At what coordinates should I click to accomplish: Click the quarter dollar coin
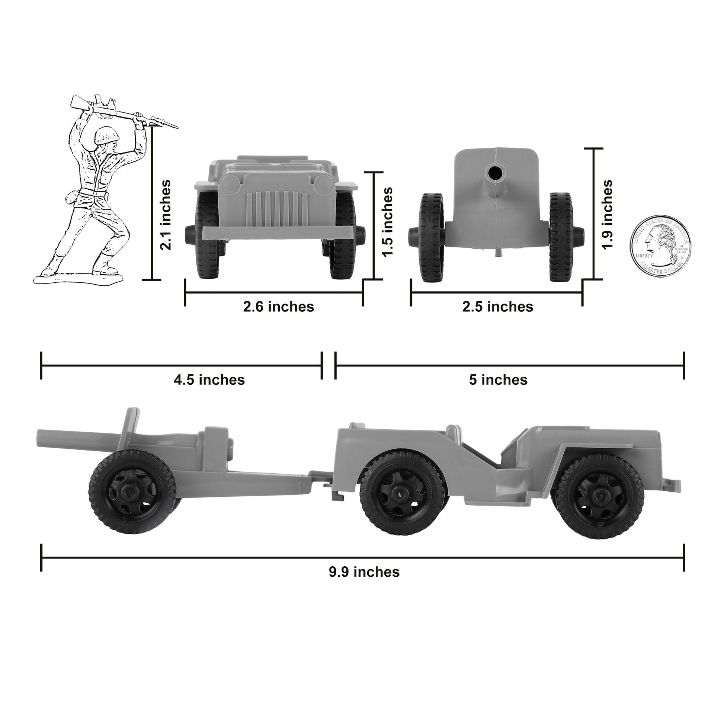(x=660, y=246)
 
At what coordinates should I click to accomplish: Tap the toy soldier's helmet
(x=106, y=135)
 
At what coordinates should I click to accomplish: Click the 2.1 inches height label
(x=165, y=215)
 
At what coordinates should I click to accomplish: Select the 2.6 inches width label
(x=278, y=307)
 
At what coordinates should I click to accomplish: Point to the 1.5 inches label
(x=387, y=222)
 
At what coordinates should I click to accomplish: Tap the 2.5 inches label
(x=497, y=307)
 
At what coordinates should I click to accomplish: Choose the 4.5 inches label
(x=209, y=379)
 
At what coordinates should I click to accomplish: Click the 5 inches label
(x=498, y=379)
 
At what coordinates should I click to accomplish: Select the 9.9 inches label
(x=364, y=582)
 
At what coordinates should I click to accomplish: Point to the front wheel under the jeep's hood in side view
(x=599, y=496)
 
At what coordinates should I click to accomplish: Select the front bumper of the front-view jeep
(x=277, y=232)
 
